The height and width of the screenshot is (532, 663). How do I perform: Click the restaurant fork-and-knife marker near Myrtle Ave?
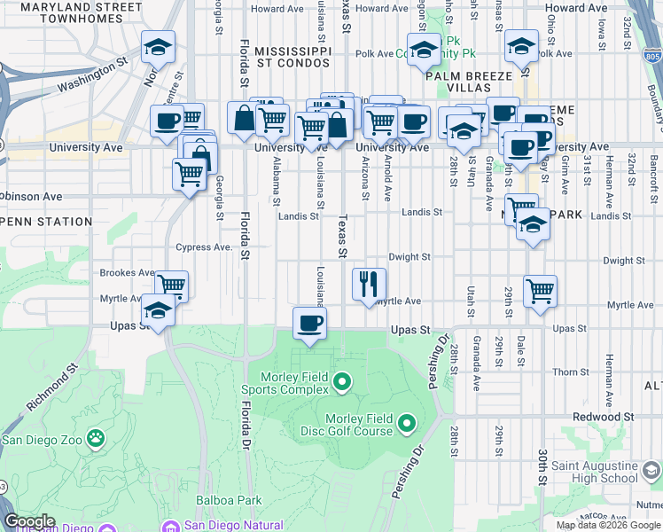369,284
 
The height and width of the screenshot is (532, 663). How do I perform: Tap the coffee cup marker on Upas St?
309,323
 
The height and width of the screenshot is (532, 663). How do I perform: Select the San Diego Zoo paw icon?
95,438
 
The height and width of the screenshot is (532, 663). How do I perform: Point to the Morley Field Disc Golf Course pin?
407,423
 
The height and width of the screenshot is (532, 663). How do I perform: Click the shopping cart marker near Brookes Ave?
172,286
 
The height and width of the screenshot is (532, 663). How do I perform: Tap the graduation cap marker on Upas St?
158,311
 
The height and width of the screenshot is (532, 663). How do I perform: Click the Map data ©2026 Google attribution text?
608,525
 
